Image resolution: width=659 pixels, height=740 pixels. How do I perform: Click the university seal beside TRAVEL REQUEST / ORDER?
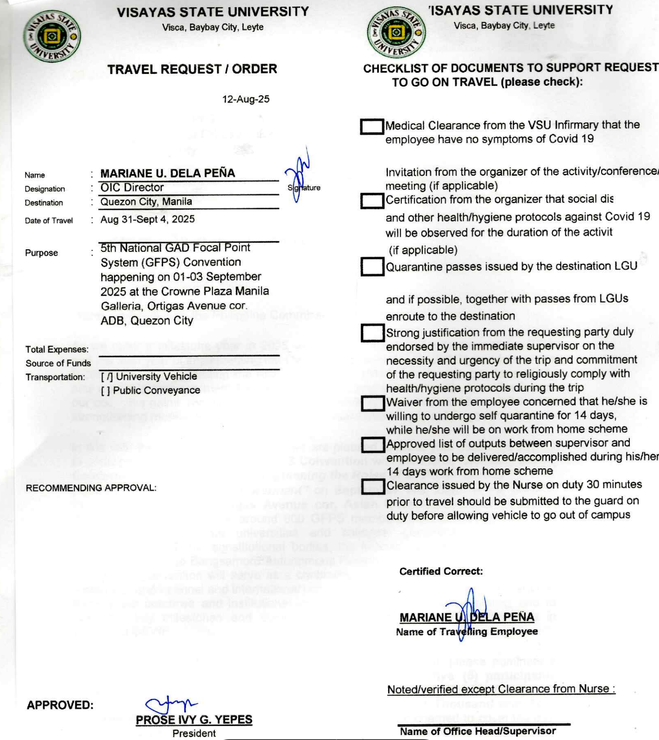click(x=52, y=36)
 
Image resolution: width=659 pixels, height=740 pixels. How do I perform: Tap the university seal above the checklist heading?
click(x=396, y=33)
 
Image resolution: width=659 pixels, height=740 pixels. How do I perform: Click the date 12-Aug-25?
click(x=246, y=99)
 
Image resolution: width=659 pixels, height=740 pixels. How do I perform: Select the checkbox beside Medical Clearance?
click(x=372, y=126)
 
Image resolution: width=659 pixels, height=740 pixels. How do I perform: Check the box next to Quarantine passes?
click(x=372, y=267)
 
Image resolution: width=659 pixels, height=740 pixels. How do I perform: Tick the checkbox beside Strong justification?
click(x=373, y=333)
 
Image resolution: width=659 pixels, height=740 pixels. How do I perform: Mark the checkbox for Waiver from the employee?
click(x=373, y=403)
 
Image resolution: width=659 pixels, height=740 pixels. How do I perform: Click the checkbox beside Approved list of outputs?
click(x=373, y=445)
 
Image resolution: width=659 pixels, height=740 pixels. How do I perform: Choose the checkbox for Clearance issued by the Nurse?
click(x=373, y=487)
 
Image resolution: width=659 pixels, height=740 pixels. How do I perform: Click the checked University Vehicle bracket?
click(x=107, y=376)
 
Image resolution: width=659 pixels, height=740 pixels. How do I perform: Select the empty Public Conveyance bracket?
click(x=106, y=390)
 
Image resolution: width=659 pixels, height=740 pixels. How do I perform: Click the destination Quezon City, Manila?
click(x=146, y=202)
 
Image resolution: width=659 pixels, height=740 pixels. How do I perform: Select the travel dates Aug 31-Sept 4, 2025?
click(x=147, y=219)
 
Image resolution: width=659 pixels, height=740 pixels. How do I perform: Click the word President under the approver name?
click(x=194, y=733)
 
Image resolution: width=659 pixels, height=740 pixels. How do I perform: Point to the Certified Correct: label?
click(x=441, y=571)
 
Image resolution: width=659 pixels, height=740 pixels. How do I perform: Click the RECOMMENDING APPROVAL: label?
click(x=91, y=488)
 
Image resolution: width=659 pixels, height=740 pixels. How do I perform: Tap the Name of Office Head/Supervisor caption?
click(x=477, y=731)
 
